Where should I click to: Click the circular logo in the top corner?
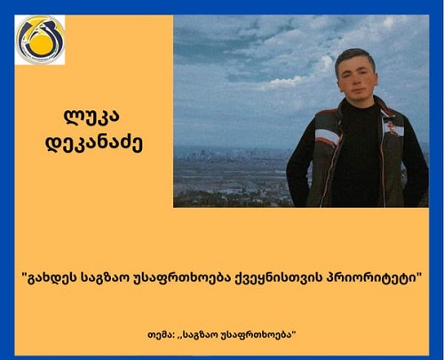[40, 40]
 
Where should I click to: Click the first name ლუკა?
[92, 116]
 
